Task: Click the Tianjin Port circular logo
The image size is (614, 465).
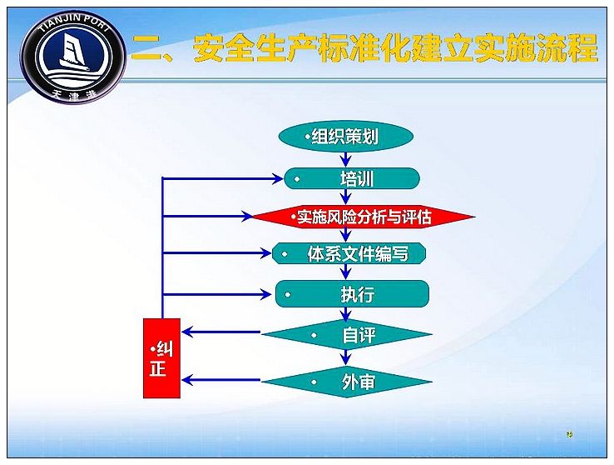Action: point(73,57)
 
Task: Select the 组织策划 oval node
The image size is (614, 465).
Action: point(346,137)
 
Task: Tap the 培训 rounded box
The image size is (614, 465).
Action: point(352,179)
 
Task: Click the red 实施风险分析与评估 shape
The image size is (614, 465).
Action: point(363,217)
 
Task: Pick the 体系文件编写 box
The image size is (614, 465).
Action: point(349,253)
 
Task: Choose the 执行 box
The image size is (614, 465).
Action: point(352,293)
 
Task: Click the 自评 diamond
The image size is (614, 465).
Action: point(347,334)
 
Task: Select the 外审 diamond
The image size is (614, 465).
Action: point(347,382)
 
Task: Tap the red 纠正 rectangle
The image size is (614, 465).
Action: point(161,358)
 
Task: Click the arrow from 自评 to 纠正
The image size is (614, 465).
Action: point(221,332)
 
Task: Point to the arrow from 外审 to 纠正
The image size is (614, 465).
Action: point(221,379)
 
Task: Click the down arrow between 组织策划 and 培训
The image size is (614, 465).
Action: point(345,159)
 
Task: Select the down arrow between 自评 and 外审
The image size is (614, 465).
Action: point(345,357)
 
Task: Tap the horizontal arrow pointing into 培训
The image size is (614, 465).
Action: point(222,179)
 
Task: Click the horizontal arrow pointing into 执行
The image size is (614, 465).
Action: point(216,294)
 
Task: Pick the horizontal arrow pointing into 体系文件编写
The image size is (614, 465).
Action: point(216,252)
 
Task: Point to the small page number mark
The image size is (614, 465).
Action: point(570,434)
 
